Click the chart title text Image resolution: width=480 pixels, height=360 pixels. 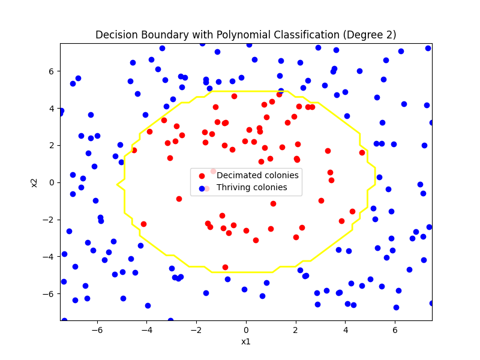tap(245, 35)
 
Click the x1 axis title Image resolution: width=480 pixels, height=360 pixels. tap(245, 341)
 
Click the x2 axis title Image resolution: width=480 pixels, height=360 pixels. tap(34, 182)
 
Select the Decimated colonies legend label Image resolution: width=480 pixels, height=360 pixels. tap(257, 175)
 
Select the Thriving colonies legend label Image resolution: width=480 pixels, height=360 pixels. tap(252, 187)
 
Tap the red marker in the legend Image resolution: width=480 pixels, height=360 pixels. tap(202, 176)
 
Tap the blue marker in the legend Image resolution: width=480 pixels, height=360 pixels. tap(202, 188)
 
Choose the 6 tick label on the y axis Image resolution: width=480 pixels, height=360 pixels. tap(51, 71)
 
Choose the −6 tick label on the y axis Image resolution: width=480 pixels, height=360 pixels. tap(49, 293)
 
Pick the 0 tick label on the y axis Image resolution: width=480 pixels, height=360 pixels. tap(51, 182)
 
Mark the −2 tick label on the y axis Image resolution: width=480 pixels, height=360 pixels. tap(49, 220)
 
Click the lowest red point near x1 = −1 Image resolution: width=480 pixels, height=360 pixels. tap(225, 267)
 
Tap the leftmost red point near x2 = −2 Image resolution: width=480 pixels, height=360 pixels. tap(143, 224)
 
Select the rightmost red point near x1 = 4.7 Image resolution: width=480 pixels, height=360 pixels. tap(362, 152)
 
